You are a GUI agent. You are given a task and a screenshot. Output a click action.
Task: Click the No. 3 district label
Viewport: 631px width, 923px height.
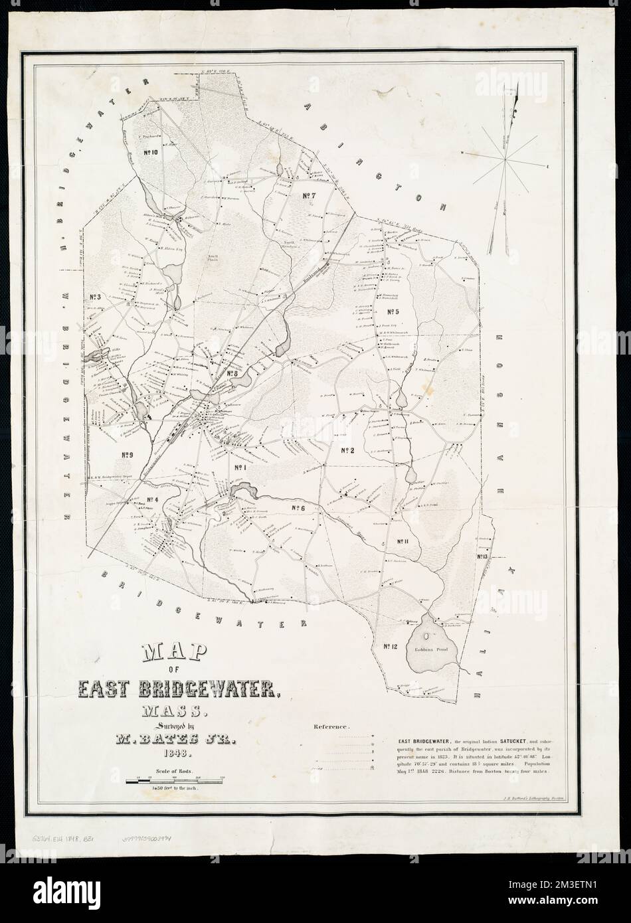click(x=94, y=297)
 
